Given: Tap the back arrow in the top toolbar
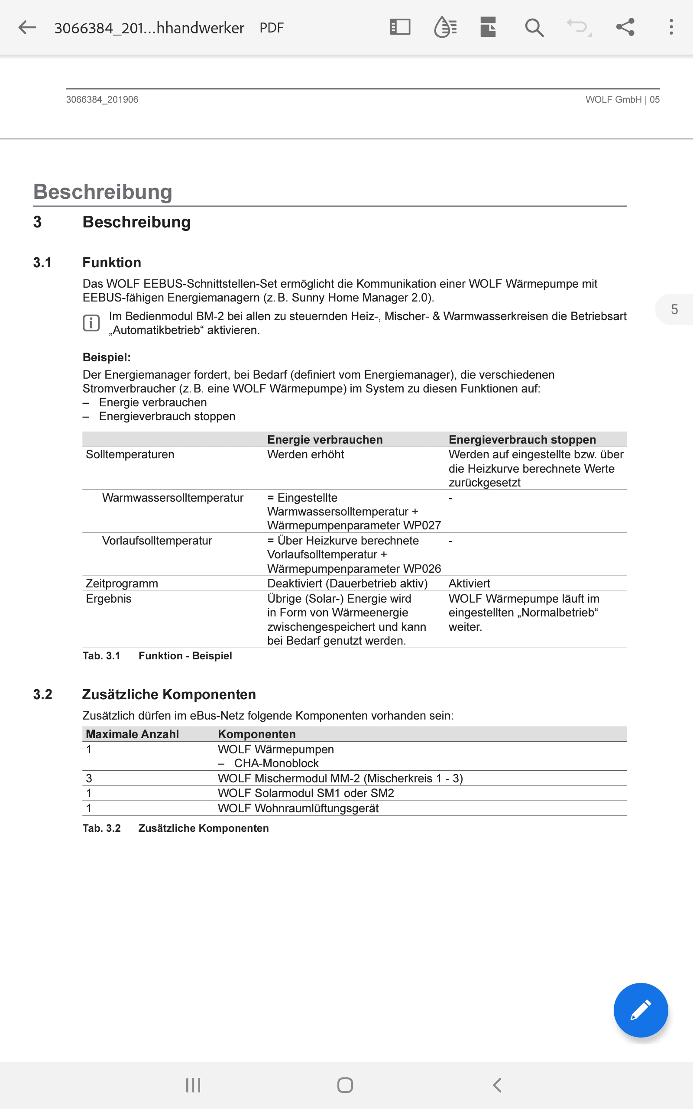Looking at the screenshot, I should [27, 27].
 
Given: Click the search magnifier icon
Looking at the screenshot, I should [534, 27].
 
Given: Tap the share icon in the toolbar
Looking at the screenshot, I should [625, 27].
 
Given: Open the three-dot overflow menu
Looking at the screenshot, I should [671, 27].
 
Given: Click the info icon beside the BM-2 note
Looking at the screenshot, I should [91, 323].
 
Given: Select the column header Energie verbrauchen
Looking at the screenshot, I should [324, 439].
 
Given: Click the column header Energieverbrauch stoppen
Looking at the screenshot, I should [522, 439].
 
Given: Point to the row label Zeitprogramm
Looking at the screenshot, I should [122, 584].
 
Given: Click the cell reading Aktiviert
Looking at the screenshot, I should [470, 584].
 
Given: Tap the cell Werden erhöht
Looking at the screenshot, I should [305, 454].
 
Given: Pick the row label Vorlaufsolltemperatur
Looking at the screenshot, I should [157, 541].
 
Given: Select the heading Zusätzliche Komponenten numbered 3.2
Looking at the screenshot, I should [168, 694].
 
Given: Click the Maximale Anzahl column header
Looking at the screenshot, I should [133, 734].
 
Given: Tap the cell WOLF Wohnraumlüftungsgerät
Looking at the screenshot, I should [298, 808].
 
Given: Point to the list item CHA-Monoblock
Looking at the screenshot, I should [276, 763].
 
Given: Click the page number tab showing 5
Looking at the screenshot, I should [674, 309].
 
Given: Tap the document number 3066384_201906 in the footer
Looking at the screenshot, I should [102, 100].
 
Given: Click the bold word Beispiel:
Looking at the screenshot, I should [107, 357].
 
